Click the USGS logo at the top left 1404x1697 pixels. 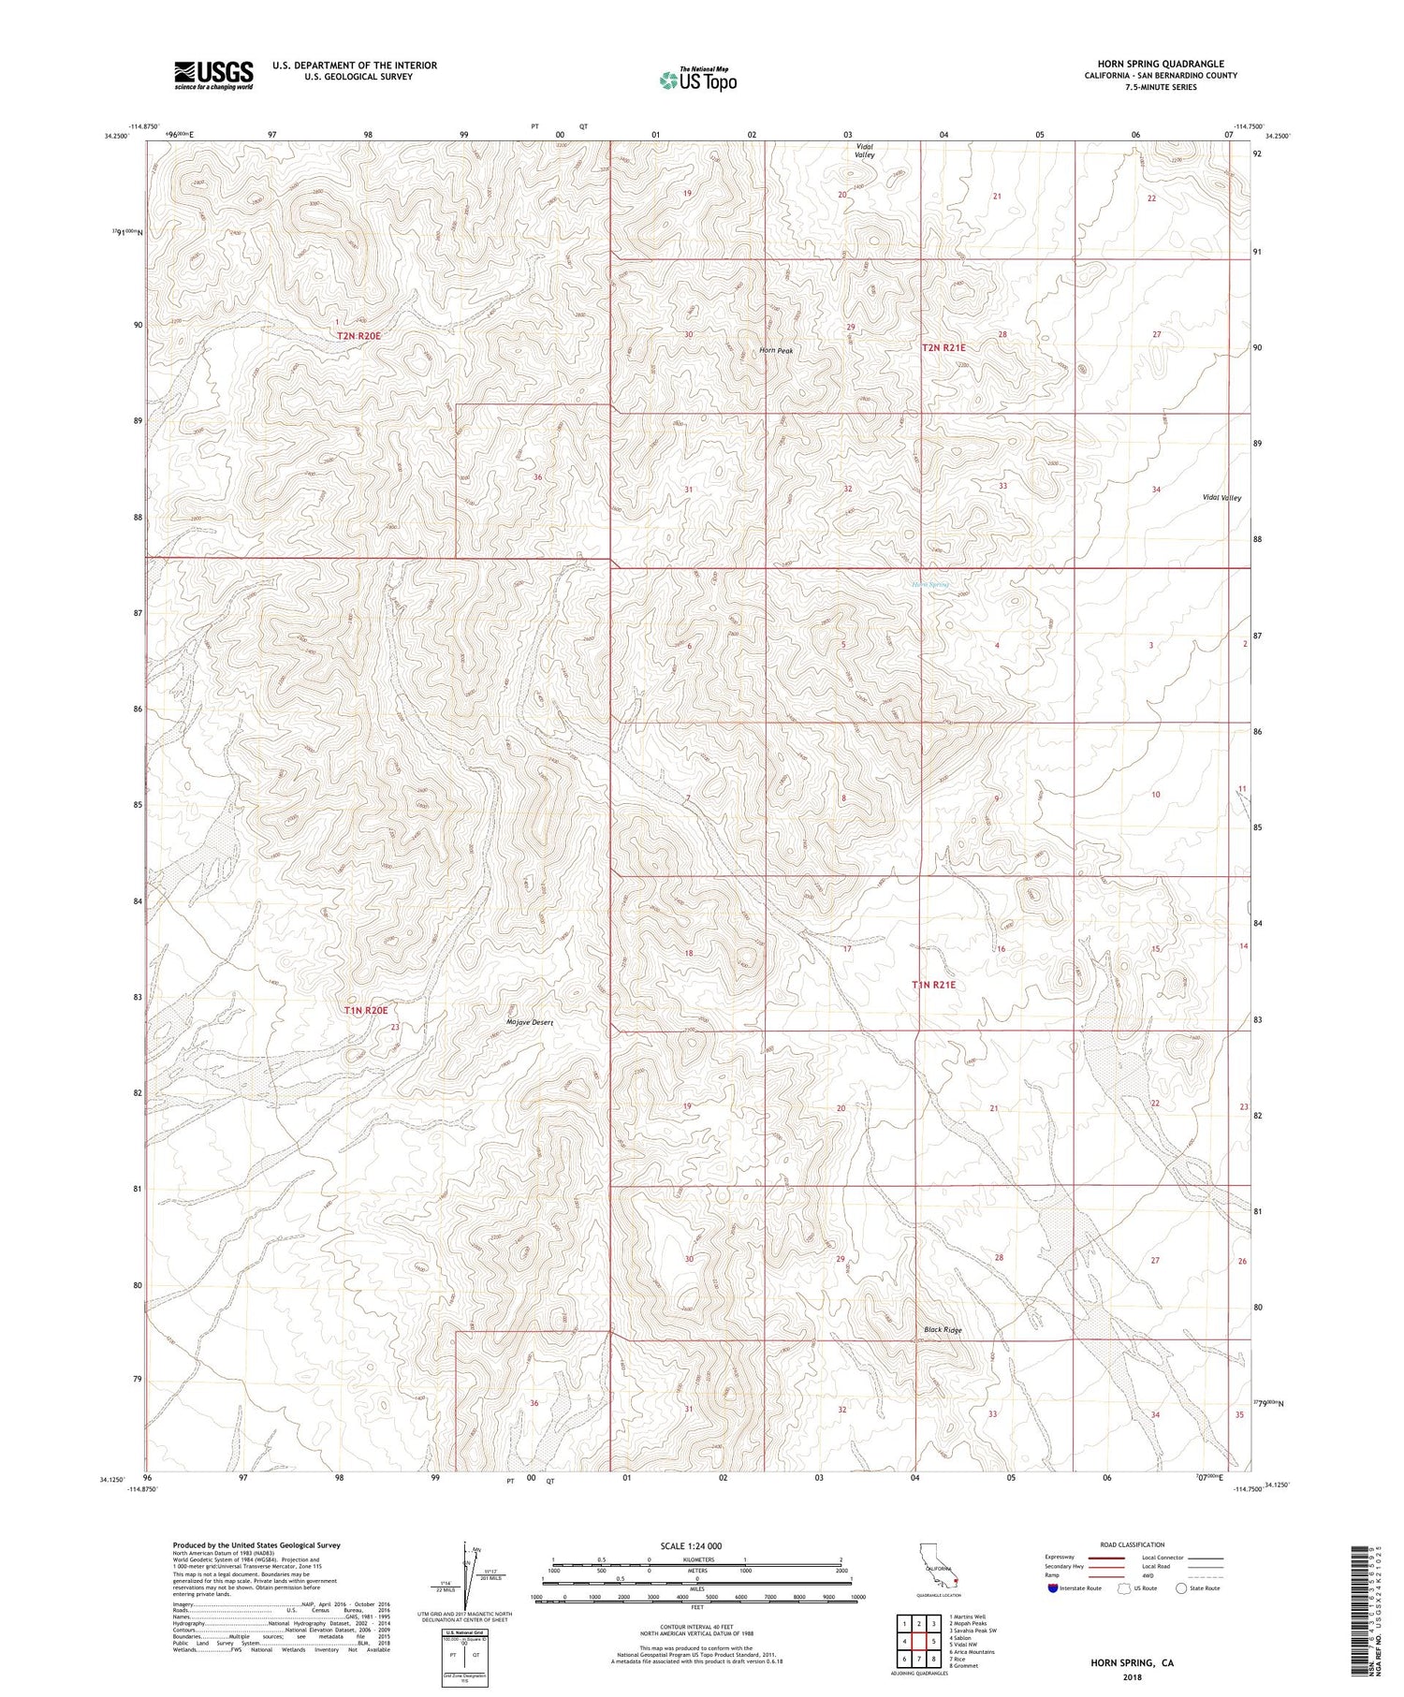(213, 75)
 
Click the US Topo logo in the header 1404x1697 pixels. (697, 80)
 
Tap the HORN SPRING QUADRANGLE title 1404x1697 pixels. (1160, 64)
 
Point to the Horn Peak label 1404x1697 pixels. (776, 351)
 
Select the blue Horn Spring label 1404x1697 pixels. (930, 584)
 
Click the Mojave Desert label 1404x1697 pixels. (529, 1022)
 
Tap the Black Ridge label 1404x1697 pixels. (942, 1329)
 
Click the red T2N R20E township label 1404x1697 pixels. (360, 334)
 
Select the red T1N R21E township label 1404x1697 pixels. (934, 985)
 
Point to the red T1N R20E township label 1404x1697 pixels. (365, 1010)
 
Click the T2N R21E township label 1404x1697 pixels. (943, 347)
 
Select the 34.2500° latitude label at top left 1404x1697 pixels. (116, 137)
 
